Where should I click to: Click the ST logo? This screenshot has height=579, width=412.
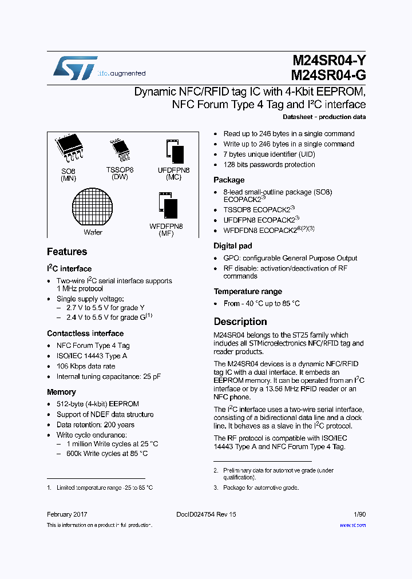click(75, 68)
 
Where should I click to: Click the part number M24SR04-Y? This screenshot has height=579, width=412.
click(328, 61)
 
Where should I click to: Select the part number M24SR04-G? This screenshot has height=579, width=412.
click(328, 75)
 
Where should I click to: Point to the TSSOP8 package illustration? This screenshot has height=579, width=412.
click(120, 150)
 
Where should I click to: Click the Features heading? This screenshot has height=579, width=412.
click(67, 252)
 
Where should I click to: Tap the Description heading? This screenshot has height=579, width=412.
click(240, 322)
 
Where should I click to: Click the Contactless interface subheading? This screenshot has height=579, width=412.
click(85, 334)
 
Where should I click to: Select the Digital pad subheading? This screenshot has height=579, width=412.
click(232, 245)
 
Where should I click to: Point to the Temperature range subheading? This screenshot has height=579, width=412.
click(248, 291)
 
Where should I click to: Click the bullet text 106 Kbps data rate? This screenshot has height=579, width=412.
click(86, 366)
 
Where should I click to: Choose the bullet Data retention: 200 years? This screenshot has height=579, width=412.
click(96, 425)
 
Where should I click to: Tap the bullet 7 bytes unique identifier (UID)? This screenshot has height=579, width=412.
click(269, 154)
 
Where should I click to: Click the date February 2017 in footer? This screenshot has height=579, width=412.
click(67, 514)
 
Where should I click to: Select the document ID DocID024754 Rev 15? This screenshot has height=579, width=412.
click(206, 514)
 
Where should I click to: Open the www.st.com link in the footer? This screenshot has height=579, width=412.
click(352, 525)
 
